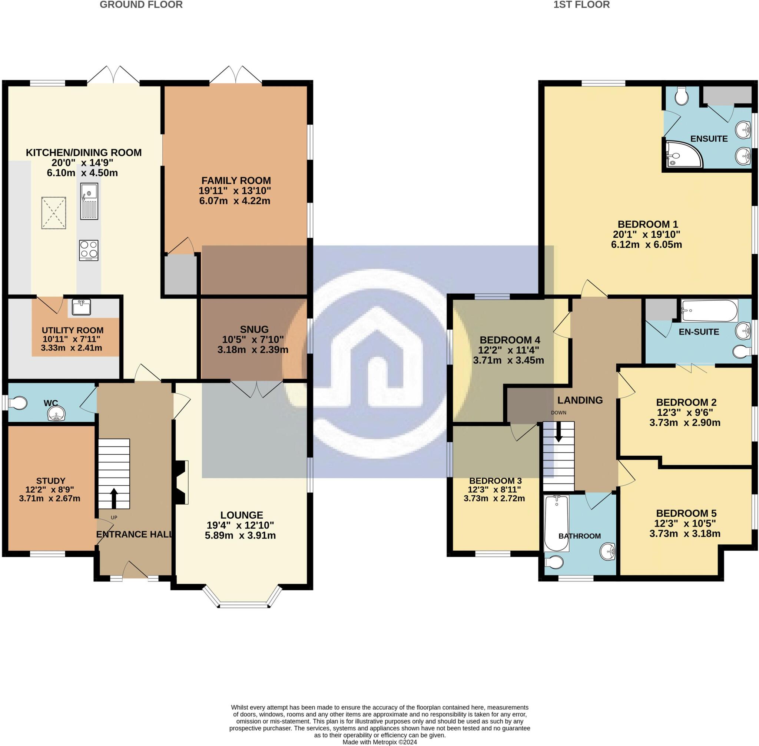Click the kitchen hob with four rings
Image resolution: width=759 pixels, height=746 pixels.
89,250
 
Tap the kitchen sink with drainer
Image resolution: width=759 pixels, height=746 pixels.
89,201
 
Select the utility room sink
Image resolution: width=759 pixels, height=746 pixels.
81,307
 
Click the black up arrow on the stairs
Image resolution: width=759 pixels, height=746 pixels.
114,498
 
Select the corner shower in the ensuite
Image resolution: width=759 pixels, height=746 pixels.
684,154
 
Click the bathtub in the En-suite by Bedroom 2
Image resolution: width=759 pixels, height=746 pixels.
709,311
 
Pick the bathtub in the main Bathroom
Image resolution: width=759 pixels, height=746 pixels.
557,523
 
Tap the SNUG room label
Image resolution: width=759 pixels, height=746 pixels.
254,330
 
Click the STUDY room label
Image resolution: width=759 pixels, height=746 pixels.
50,481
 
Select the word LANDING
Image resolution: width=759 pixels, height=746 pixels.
580,400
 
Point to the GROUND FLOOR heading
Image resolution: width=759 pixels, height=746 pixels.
141,5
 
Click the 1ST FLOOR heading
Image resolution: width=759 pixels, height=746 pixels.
581,5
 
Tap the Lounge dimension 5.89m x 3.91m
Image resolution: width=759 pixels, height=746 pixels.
240,535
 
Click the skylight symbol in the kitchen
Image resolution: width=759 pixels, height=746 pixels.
54,213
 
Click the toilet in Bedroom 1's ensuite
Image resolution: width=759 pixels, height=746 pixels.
682,96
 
